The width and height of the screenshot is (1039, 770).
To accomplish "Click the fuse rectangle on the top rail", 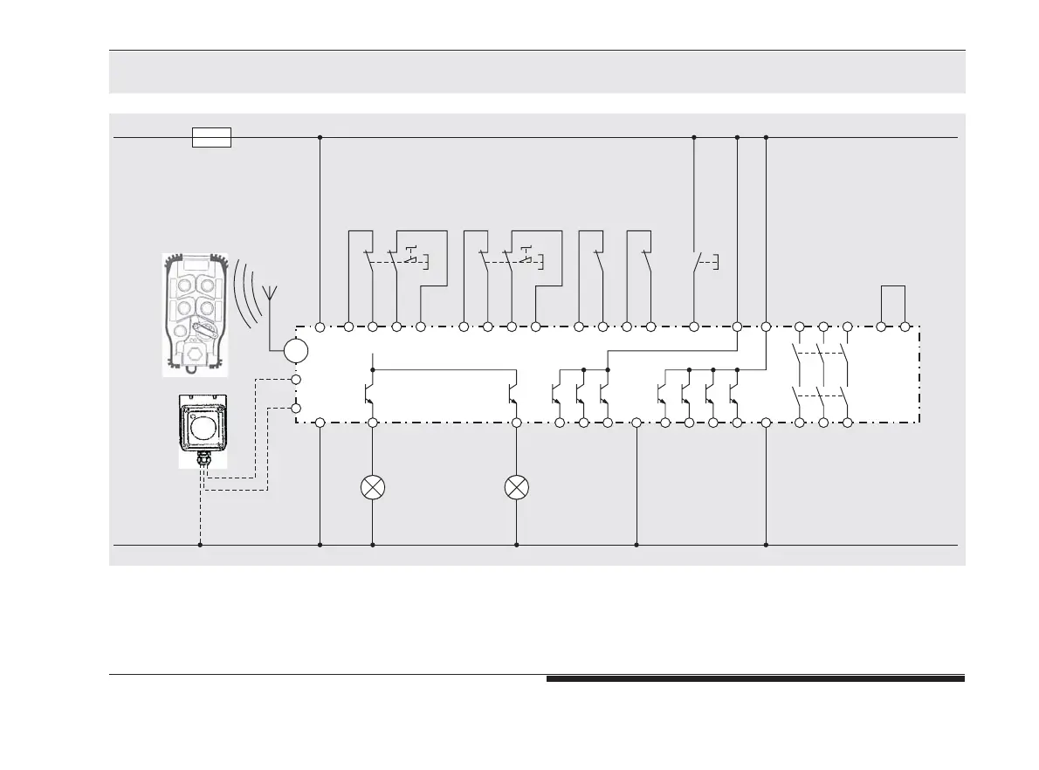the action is pyautogui.click(x=211, y=137).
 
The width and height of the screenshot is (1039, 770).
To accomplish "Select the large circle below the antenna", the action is pyautogui.click(x=296, y=351).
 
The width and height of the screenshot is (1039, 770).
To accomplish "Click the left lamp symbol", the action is pyautogui.click(x=373, y=487).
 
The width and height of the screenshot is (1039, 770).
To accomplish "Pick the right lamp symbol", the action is pyautogui.click(x=517, y=487).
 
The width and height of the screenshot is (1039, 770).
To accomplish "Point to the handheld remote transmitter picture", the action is pyautogui.click(x=196, y=314).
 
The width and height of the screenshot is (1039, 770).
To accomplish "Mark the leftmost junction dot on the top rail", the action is pyautogui.click(x=320, y=137).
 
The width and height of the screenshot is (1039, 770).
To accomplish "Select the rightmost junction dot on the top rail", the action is pyautogui.click(x=766, y=137).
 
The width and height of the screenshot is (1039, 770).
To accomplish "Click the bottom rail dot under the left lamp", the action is pyautogui.click(x=373, y=545).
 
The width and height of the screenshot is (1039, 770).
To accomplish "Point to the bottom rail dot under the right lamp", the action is pyautogui.click(x=517, y=545).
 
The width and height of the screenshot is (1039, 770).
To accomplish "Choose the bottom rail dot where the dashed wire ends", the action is pyautogui.click(x=200, y=545).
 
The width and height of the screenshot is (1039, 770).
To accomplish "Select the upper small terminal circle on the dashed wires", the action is pyautogui.click(x=295, y=380).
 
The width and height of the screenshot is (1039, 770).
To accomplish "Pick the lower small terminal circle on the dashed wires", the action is pyautogui.click(x=295, y=408).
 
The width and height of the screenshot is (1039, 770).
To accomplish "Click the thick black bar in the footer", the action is pyautogui.click(x=755, y=678).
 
